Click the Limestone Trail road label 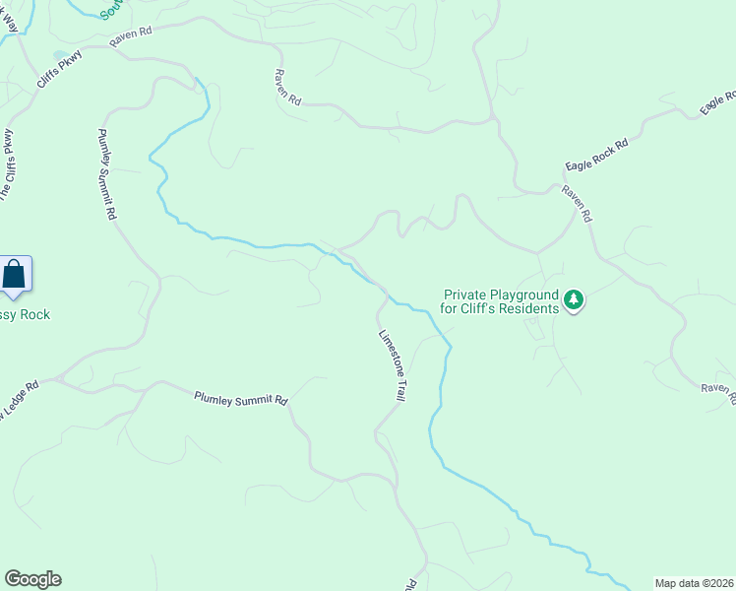coord(393,363)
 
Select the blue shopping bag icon coord(15,273)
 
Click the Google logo coord(32,579)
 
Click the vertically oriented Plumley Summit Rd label coord(107,173)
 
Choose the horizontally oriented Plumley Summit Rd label coord(240,399)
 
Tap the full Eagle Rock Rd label coord(596,154)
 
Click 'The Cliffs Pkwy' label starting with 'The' coord(7,164)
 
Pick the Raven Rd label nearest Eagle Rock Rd coord(578,202)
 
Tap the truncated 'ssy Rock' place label coord(25,314)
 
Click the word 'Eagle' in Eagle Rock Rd coord(579,164)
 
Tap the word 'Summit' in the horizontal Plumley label coord(242,399)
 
